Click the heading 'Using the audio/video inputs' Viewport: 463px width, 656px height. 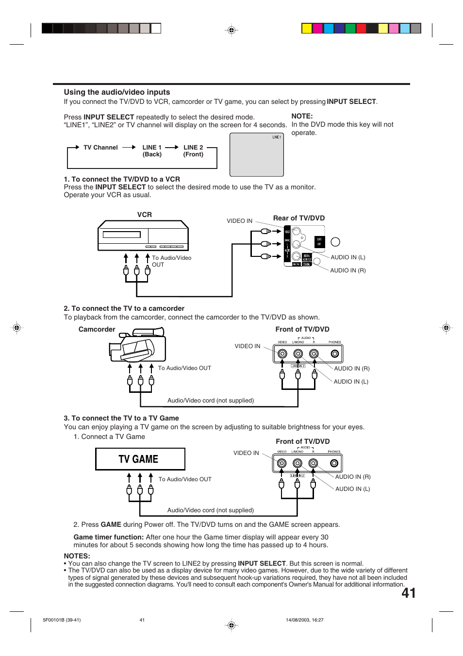[117, 92]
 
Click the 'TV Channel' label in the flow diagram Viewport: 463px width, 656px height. [100, 148]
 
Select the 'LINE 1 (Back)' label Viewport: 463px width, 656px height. [152, 151]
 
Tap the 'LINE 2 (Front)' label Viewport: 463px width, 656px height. [193, 151]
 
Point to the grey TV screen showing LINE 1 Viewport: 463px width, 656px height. [256, 155]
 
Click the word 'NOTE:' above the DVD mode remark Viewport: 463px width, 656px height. [302, 117]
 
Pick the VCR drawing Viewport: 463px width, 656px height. [143, 236]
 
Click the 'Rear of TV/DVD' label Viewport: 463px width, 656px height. [298, 219]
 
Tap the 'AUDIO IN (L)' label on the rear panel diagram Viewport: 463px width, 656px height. [347, 257]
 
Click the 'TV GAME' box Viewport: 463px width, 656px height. [140, 459]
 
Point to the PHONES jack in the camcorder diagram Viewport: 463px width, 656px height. [334, 353]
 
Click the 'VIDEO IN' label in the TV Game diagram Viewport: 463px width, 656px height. [246, 453]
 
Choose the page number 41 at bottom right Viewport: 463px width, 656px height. [408, 593]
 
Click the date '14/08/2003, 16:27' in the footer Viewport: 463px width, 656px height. [304, 620]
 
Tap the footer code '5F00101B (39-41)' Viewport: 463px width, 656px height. [62, 620]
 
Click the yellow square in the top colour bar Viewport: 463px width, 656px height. [307, 28]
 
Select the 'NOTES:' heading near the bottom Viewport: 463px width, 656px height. [77, 556]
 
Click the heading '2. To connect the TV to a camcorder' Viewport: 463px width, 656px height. [124, 309]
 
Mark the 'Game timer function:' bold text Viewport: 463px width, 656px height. [108, 538]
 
